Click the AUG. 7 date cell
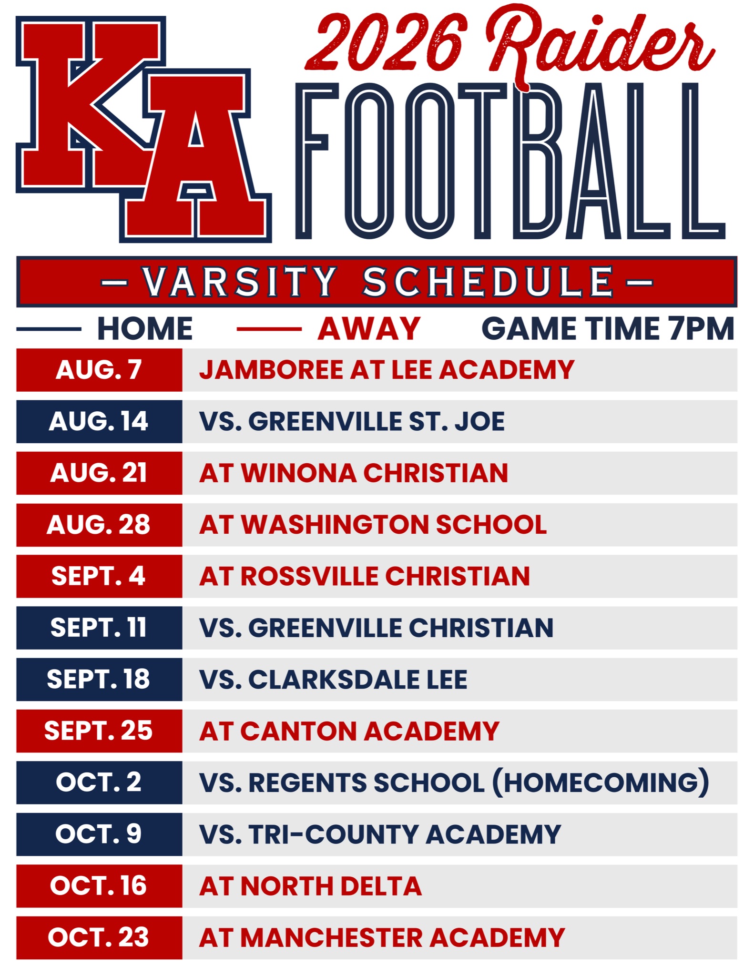point(99,370)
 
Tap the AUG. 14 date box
point(99,421)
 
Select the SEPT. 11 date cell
point(99,628)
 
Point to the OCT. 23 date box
point(99,937)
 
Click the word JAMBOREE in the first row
point(271,370)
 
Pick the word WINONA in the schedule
point(299,473)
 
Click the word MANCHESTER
point(331,937)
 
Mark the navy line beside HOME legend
point(49,329)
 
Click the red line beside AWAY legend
point(269,329)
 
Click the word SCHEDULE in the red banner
point(488,282)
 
